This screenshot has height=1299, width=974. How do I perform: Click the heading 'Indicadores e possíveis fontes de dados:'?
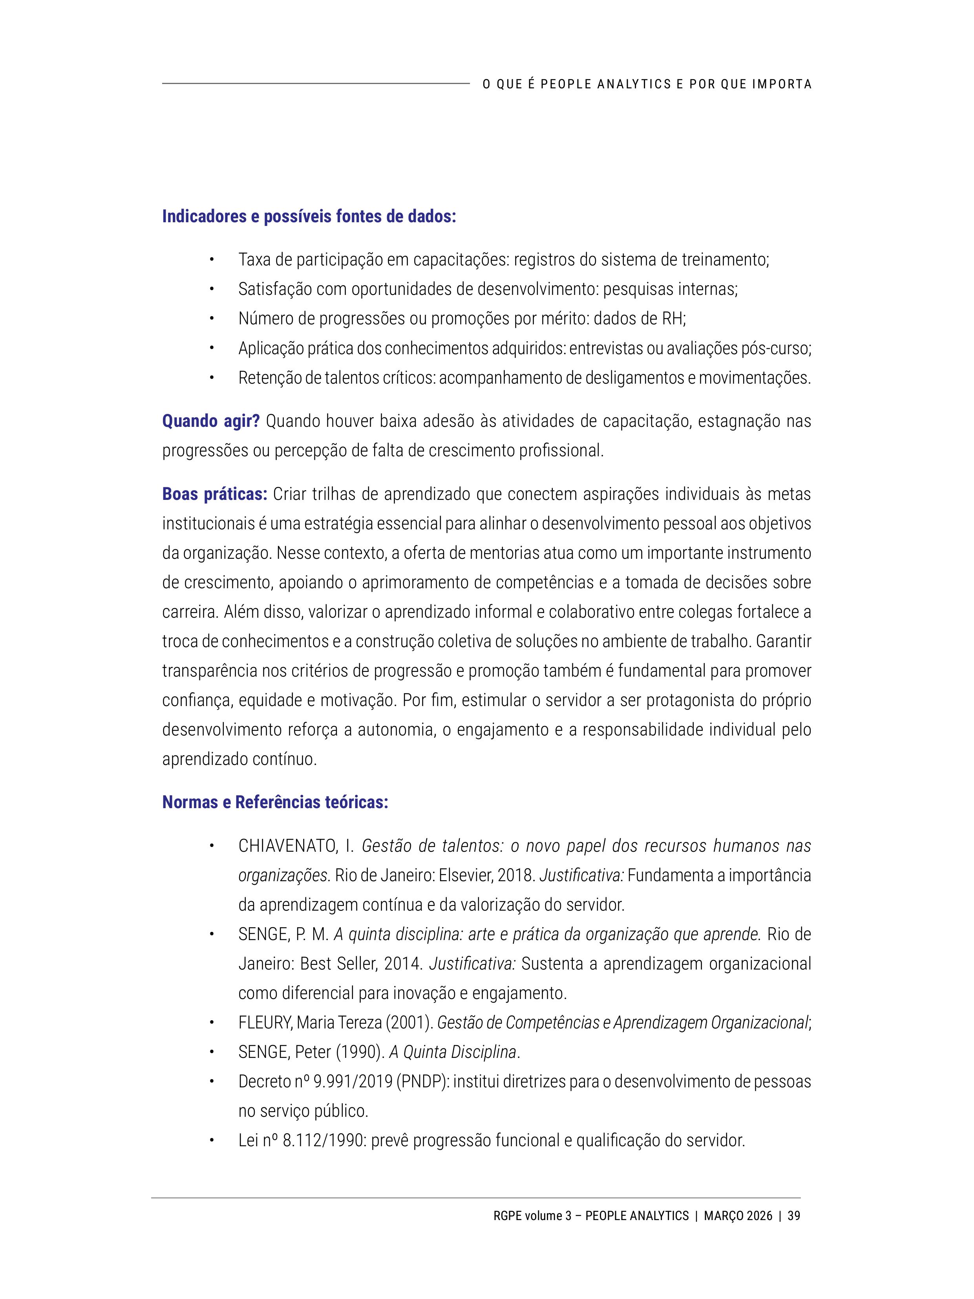coord(309,217)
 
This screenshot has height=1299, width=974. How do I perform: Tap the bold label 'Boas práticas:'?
coord(214,494)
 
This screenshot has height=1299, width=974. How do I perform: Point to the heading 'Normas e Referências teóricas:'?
coord(275,802)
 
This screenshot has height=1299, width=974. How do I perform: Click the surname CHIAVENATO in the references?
coord(287,846)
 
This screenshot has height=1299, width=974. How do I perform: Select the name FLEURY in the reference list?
coord(265,1023)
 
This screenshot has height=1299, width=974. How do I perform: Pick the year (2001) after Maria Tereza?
coord(409,1023)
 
